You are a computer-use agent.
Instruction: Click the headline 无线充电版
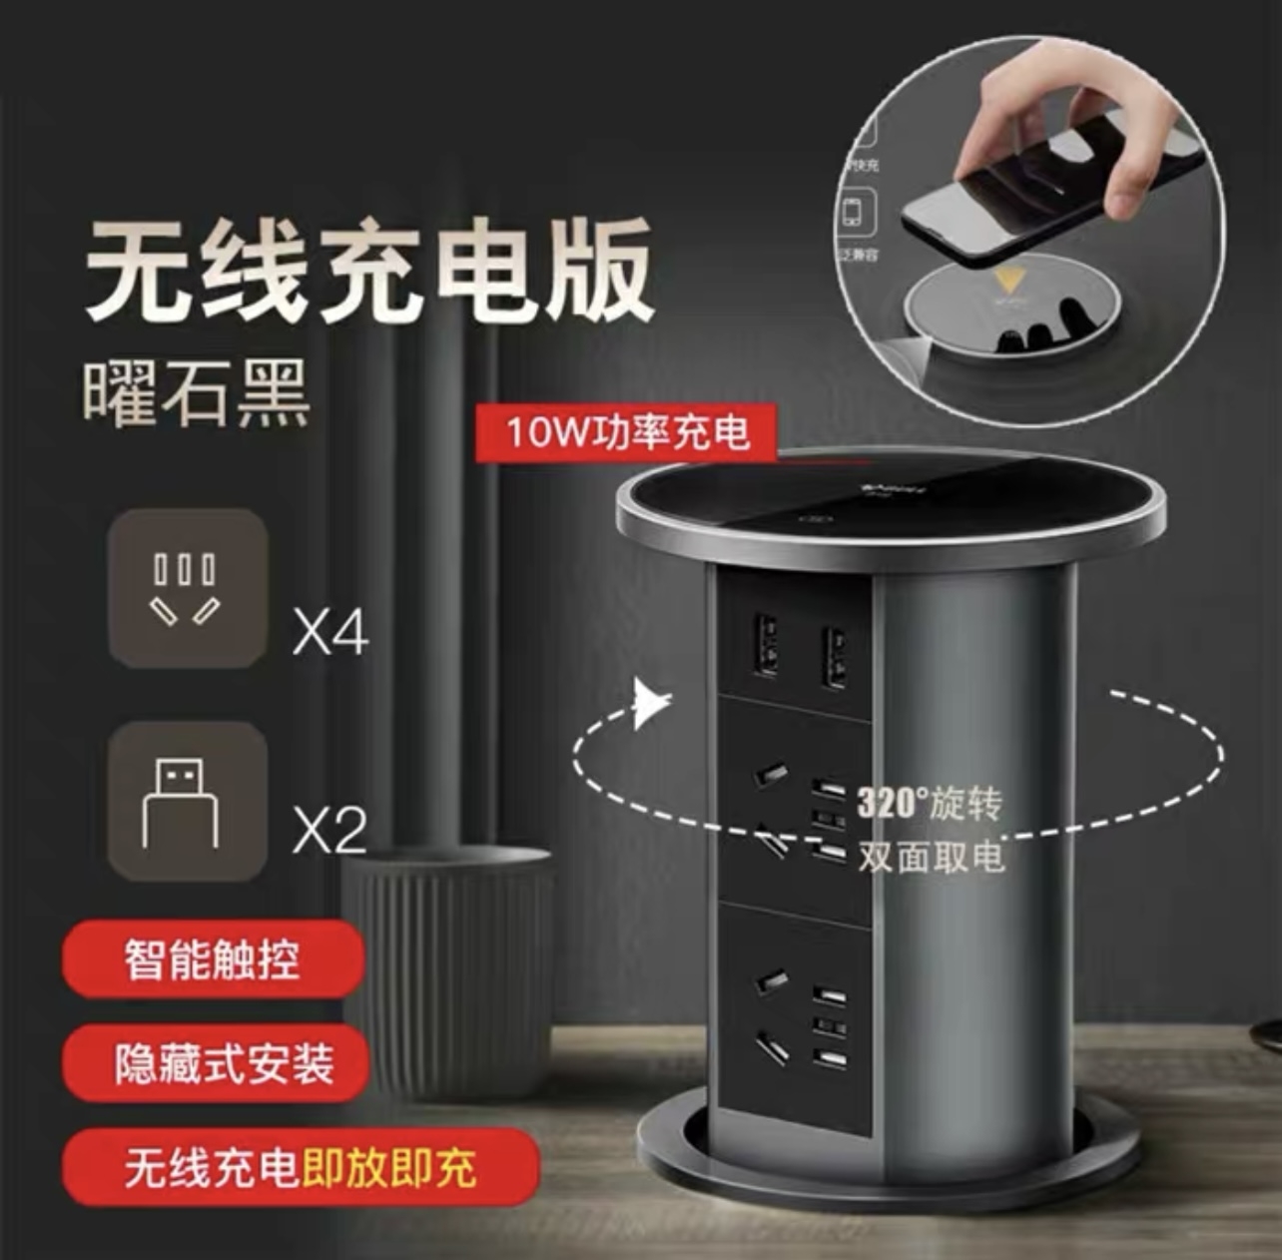tap(369, 272)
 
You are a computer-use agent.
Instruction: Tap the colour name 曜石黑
tap(196, 391)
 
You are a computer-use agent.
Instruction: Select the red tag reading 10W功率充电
tap(626, 432)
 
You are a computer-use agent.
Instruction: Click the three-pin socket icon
tap(187, 588)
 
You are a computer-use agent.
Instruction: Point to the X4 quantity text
tap(330, 633)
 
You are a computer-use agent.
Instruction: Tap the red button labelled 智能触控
tap(212, 958)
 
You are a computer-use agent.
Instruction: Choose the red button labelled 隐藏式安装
tap(224, 1063)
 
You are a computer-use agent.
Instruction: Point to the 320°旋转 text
tap(930, 804)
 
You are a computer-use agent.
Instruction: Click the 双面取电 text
tap(930, 857)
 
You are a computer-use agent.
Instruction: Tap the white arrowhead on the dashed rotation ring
tap(651, 705)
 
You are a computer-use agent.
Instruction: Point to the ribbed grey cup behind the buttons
tap(449, 958)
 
